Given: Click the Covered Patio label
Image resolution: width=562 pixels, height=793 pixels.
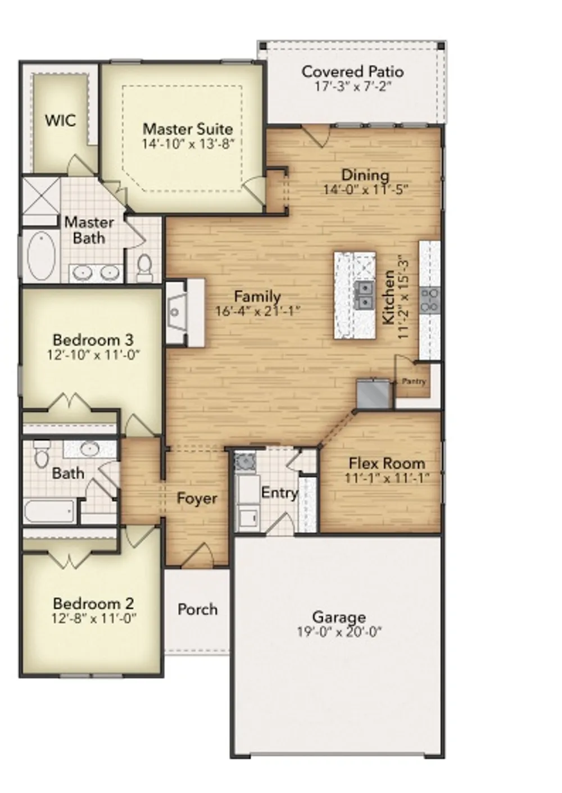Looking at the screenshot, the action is point(352,71).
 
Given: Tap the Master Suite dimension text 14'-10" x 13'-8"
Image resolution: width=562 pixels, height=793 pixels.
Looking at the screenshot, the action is point(189,144).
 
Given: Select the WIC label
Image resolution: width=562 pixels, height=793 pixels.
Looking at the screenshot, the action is point(60,121).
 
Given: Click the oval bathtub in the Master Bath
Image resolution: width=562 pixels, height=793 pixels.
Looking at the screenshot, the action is point(41,255).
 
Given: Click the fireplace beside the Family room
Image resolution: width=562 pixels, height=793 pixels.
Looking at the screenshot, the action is point(185,312).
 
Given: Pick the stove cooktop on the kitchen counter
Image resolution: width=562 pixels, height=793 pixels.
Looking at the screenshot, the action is point(430,300).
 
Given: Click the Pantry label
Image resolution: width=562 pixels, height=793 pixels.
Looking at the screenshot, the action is point(414,381).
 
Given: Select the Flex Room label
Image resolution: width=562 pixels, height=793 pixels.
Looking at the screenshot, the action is point(387,464).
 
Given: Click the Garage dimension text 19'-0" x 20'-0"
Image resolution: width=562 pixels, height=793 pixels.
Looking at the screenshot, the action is point(339,632).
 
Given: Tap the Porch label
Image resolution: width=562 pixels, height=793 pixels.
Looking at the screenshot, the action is point(197,609).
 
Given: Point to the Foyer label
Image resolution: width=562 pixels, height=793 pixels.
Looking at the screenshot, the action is point(197,499).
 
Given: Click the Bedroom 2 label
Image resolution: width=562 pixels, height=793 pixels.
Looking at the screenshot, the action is point(93,603).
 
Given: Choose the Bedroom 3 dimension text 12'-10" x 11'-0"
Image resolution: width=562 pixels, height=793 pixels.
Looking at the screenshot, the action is point(94,354).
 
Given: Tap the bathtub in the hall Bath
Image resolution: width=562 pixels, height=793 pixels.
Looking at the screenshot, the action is point(49,512).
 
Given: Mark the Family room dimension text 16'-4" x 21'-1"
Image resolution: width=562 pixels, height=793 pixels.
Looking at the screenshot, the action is point(258,311).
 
